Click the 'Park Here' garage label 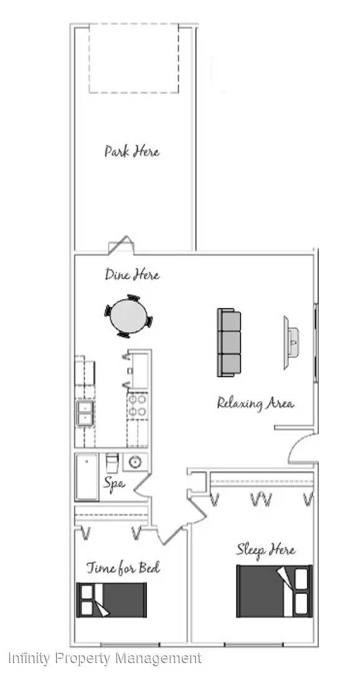pyautogui.click(x=131, y=151)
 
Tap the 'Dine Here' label pyautogui.click(x=132, y=274)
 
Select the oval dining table pyautogui.click(x=128, y=316)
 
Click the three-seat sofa pyautogui.click(x=229, y=343)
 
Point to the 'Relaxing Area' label pyautogui.click(x=255, y=404)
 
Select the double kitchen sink pyautogui.click(x=85, y=413)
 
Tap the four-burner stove pyautogui.click(x=137, y=406)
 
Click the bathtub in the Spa pyautogui.click(x=87, y=477)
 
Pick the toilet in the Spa pyautogui.click(x=111, y=463)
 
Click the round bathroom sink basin pyautogui.click(x=135, y=462)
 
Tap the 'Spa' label pyautogui.click(x=114, y=484)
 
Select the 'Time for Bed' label pyautogui.click(x=123, y=568)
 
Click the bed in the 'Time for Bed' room pyautogui.click(x=111, y=599)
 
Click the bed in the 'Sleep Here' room pyautogui.click(x=274, y=591)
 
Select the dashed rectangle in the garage pyautogui.click(x=133, y=59)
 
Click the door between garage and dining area pyautogui.click(x=121, y=245)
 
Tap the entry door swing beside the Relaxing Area pyautogui.click(x=303, y=449)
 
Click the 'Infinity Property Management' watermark pyautogui.click(x=105, y=657)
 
